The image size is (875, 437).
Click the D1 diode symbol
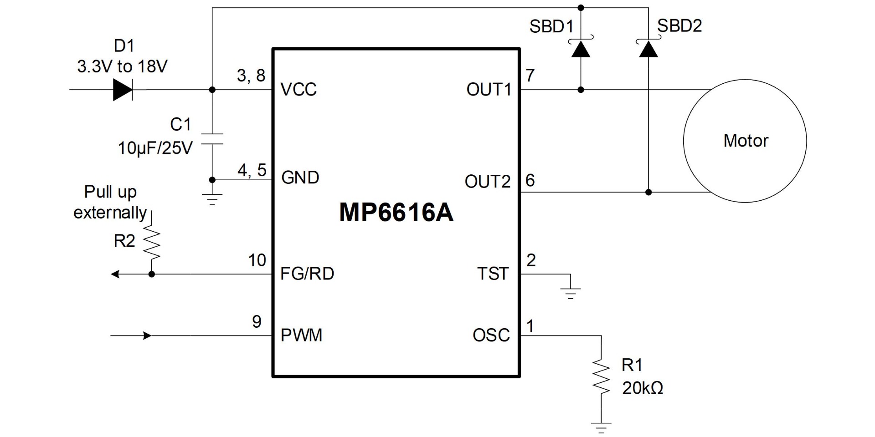[x=123, y=90]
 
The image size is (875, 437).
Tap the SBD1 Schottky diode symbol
[x=581, y=49]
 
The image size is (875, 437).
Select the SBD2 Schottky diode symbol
[x=648, y=49]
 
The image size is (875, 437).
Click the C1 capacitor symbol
[x=212, y=139]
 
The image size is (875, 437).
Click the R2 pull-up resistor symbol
[x=152, y=243]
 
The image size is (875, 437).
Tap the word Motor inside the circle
[x=746, y=141]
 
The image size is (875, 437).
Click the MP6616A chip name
[x=396, y=213]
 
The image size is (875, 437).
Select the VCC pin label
[x=299, y=90]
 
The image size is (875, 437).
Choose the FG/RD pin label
[x=307, y=274]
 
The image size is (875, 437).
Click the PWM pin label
[x=301, y=335]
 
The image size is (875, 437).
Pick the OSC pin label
[x=491, y=335]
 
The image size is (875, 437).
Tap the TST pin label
[x=493, y=274]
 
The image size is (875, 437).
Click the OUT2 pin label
[x=487, y=182]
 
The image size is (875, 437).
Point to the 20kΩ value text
[x=643, y=388]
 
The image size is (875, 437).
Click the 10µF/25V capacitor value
[x=155, y=148]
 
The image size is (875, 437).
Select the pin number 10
[x=257, y=260]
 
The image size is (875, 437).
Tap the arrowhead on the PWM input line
[x=147, y=336]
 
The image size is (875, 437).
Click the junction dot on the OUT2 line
[x=649, y=192]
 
